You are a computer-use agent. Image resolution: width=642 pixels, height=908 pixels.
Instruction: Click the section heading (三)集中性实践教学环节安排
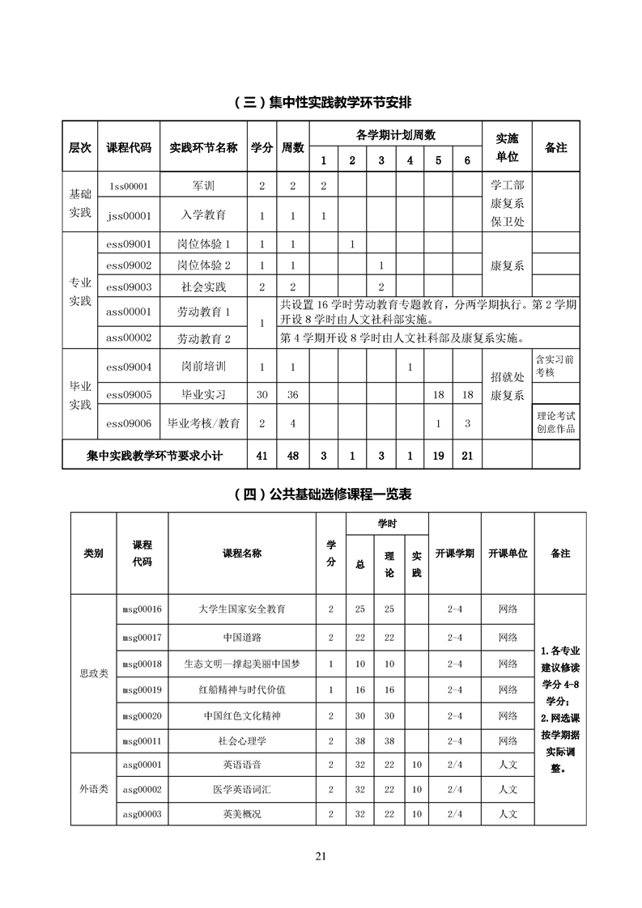321,102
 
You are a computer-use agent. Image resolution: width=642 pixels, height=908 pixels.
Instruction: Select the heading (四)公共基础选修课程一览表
321,494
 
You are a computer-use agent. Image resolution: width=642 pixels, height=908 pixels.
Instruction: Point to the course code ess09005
129,395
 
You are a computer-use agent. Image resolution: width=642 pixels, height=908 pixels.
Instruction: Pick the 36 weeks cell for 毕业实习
293,395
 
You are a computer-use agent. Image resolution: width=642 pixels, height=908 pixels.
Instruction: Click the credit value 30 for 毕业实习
261,395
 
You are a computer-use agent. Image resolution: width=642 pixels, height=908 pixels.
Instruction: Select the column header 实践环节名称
203,148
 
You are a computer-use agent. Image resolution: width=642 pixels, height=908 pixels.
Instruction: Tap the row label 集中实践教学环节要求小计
155,456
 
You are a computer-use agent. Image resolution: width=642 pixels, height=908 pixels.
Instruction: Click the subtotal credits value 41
261,456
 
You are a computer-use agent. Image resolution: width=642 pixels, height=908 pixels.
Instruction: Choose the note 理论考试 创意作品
555,422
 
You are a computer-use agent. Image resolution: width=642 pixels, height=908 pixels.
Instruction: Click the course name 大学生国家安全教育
241,609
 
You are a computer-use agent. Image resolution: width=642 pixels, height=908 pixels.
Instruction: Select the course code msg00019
142,690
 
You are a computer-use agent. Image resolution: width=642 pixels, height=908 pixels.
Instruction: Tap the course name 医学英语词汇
241,789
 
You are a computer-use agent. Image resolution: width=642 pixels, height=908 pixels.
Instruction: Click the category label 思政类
93,673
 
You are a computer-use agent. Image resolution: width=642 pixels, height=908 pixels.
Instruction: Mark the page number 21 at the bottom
321,857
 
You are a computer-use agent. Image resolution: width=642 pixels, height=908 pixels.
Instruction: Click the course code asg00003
142,813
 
